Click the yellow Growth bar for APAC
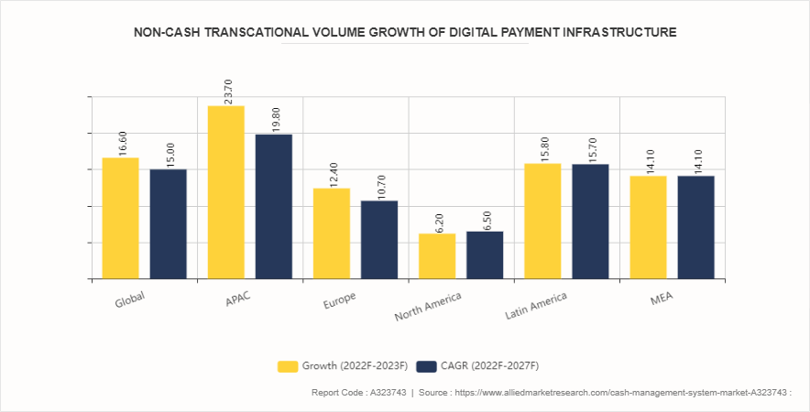[226, 192]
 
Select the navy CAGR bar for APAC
[274, 206]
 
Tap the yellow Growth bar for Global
[120, 218]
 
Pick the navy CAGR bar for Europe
[379, 239]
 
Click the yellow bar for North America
[437, 255]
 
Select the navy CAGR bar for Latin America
[590, 221]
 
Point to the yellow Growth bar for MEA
[648, 227]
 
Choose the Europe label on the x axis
[340, 302]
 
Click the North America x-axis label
[428, 307]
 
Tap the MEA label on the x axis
[661, 300]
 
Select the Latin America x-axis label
[536, 307]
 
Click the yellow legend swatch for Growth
[288, 366]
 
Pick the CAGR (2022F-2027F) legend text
[490, 366]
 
